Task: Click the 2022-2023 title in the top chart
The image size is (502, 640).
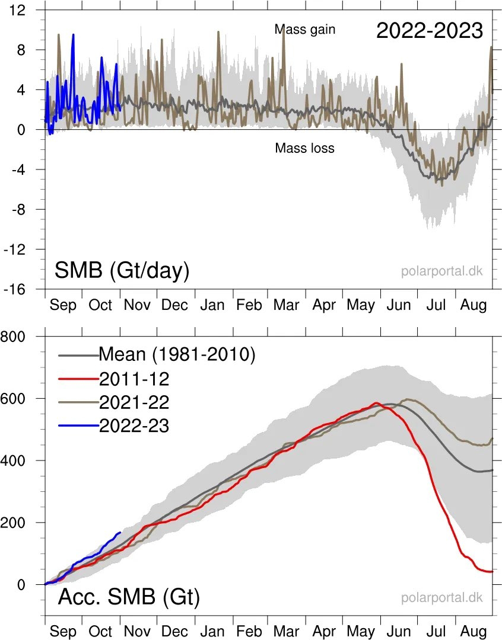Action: click(429, 31)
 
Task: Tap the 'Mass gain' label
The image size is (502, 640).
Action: click(305, 29)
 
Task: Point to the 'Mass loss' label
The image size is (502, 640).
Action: click(304, 148)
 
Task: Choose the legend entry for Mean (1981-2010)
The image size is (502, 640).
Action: click(176, 355)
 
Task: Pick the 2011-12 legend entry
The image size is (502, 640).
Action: click(134, 379)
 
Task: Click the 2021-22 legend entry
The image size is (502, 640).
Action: click(134, 402)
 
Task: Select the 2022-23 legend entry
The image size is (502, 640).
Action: click(134, 425)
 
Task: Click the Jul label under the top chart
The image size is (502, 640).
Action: click(436, 305)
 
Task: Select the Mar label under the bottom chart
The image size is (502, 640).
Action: click(287, 632)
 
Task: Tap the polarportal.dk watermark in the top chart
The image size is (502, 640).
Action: click(441, 271)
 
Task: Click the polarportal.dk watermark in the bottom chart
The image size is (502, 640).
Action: click(441, 597)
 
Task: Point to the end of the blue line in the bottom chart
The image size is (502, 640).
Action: click(120, 532)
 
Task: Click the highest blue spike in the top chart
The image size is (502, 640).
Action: click(73, 34)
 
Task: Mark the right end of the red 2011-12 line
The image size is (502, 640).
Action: click(493, 571)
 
